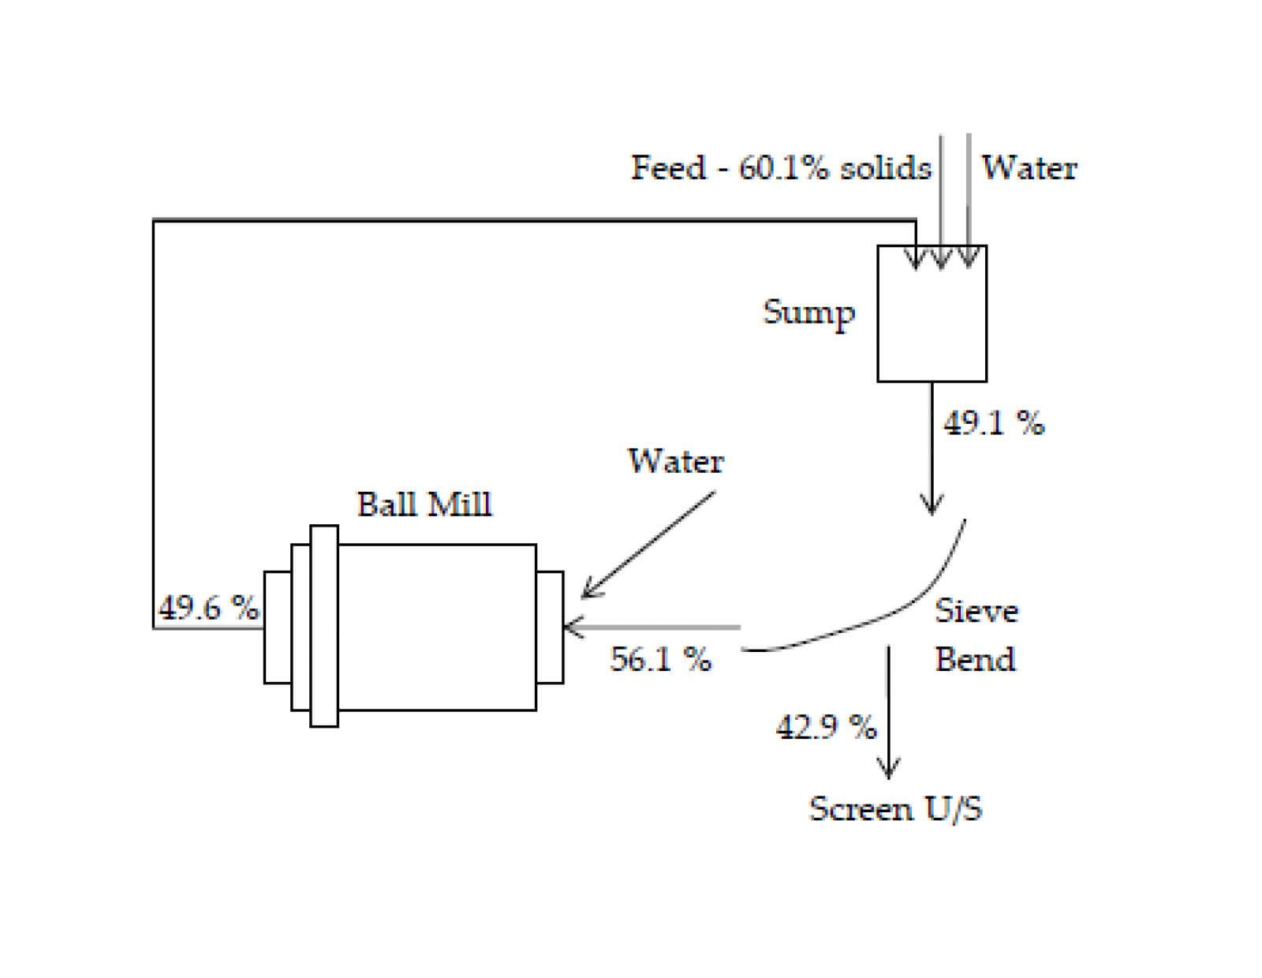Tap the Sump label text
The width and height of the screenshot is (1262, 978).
808,313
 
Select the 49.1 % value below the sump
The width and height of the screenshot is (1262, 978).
994,424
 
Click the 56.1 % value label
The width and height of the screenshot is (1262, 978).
660,658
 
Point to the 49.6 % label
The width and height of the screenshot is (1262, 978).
208,608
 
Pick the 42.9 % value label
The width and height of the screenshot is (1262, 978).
826,726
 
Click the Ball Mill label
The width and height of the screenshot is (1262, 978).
424,504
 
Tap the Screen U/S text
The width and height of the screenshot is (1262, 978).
896,809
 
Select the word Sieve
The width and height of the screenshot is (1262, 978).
976,611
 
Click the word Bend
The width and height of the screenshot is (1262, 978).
975,659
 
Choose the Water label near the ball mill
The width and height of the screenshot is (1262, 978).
676,461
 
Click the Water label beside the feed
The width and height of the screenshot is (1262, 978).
1029,168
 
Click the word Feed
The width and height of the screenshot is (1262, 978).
668,168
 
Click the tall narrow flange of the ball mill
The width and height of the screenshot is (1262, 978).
324,626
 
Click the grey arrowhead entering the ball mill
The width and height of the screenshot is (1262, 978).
571,628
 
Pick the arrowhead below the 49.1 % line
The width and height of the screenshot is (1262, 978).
932,506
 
